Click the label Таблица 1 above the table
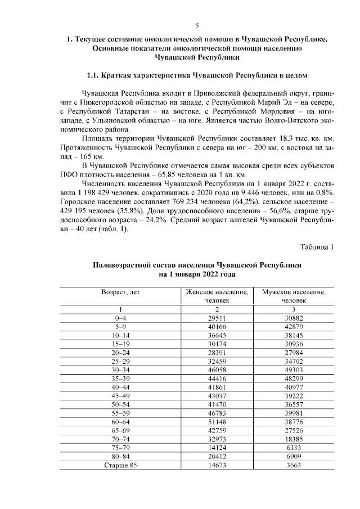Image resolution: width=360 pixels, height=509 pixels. (317, 246)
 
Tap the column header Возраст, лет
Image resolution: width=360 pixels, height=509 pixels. (120, 292)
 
